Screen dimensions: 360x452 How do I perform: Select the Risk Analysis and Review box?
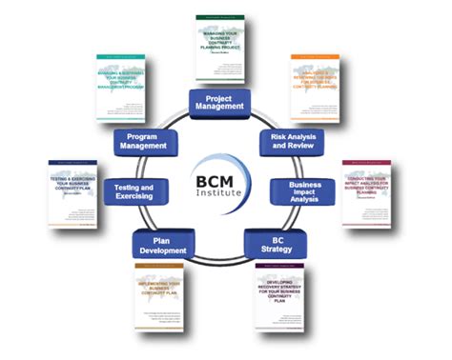click(x=291, y=142)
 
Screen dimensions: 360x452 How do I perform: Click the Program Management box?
click(x=145, y=142)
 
